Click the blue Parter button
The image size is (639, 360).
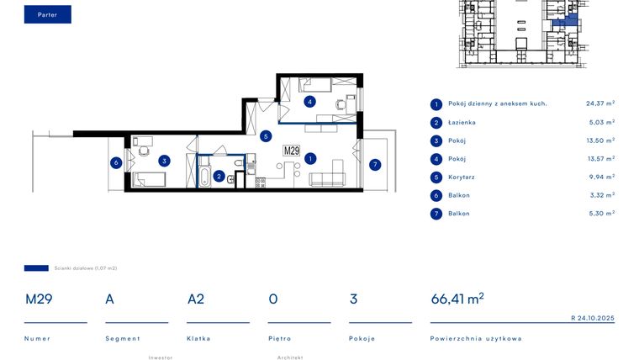[x=47, y=14]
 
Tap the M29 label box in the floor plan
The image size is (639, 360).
[x=292, y=151]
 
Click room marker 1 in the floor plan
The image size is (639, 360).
[x=310, y=158]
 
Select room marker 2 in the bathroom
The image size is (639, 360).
[x=219, y=176]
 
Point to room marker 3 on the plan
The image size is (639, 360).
[x=166, y=161]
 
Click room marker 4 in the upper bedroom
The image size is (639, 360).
[x=310, y=102]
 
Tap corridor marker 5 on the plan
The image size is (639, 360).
[x=265, y=135]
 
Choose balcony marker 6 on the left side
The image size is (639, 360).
[x=116, y=162]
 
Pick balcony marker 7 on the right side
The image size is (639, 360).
[x=375, y=164]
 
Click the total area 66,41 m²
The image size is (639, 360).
[x=457, y=299]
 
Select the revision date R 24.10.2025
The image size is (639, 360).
[x=592, y=318]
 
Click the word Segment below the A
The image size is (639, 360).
[x=122, y=338]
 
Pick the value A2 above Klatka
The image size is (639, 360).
[x=196, y=299]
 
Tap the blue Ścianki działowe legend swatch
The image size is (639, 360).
[x=36, y=268]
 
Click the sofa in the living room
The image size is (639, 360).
[x=328, y=178]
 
